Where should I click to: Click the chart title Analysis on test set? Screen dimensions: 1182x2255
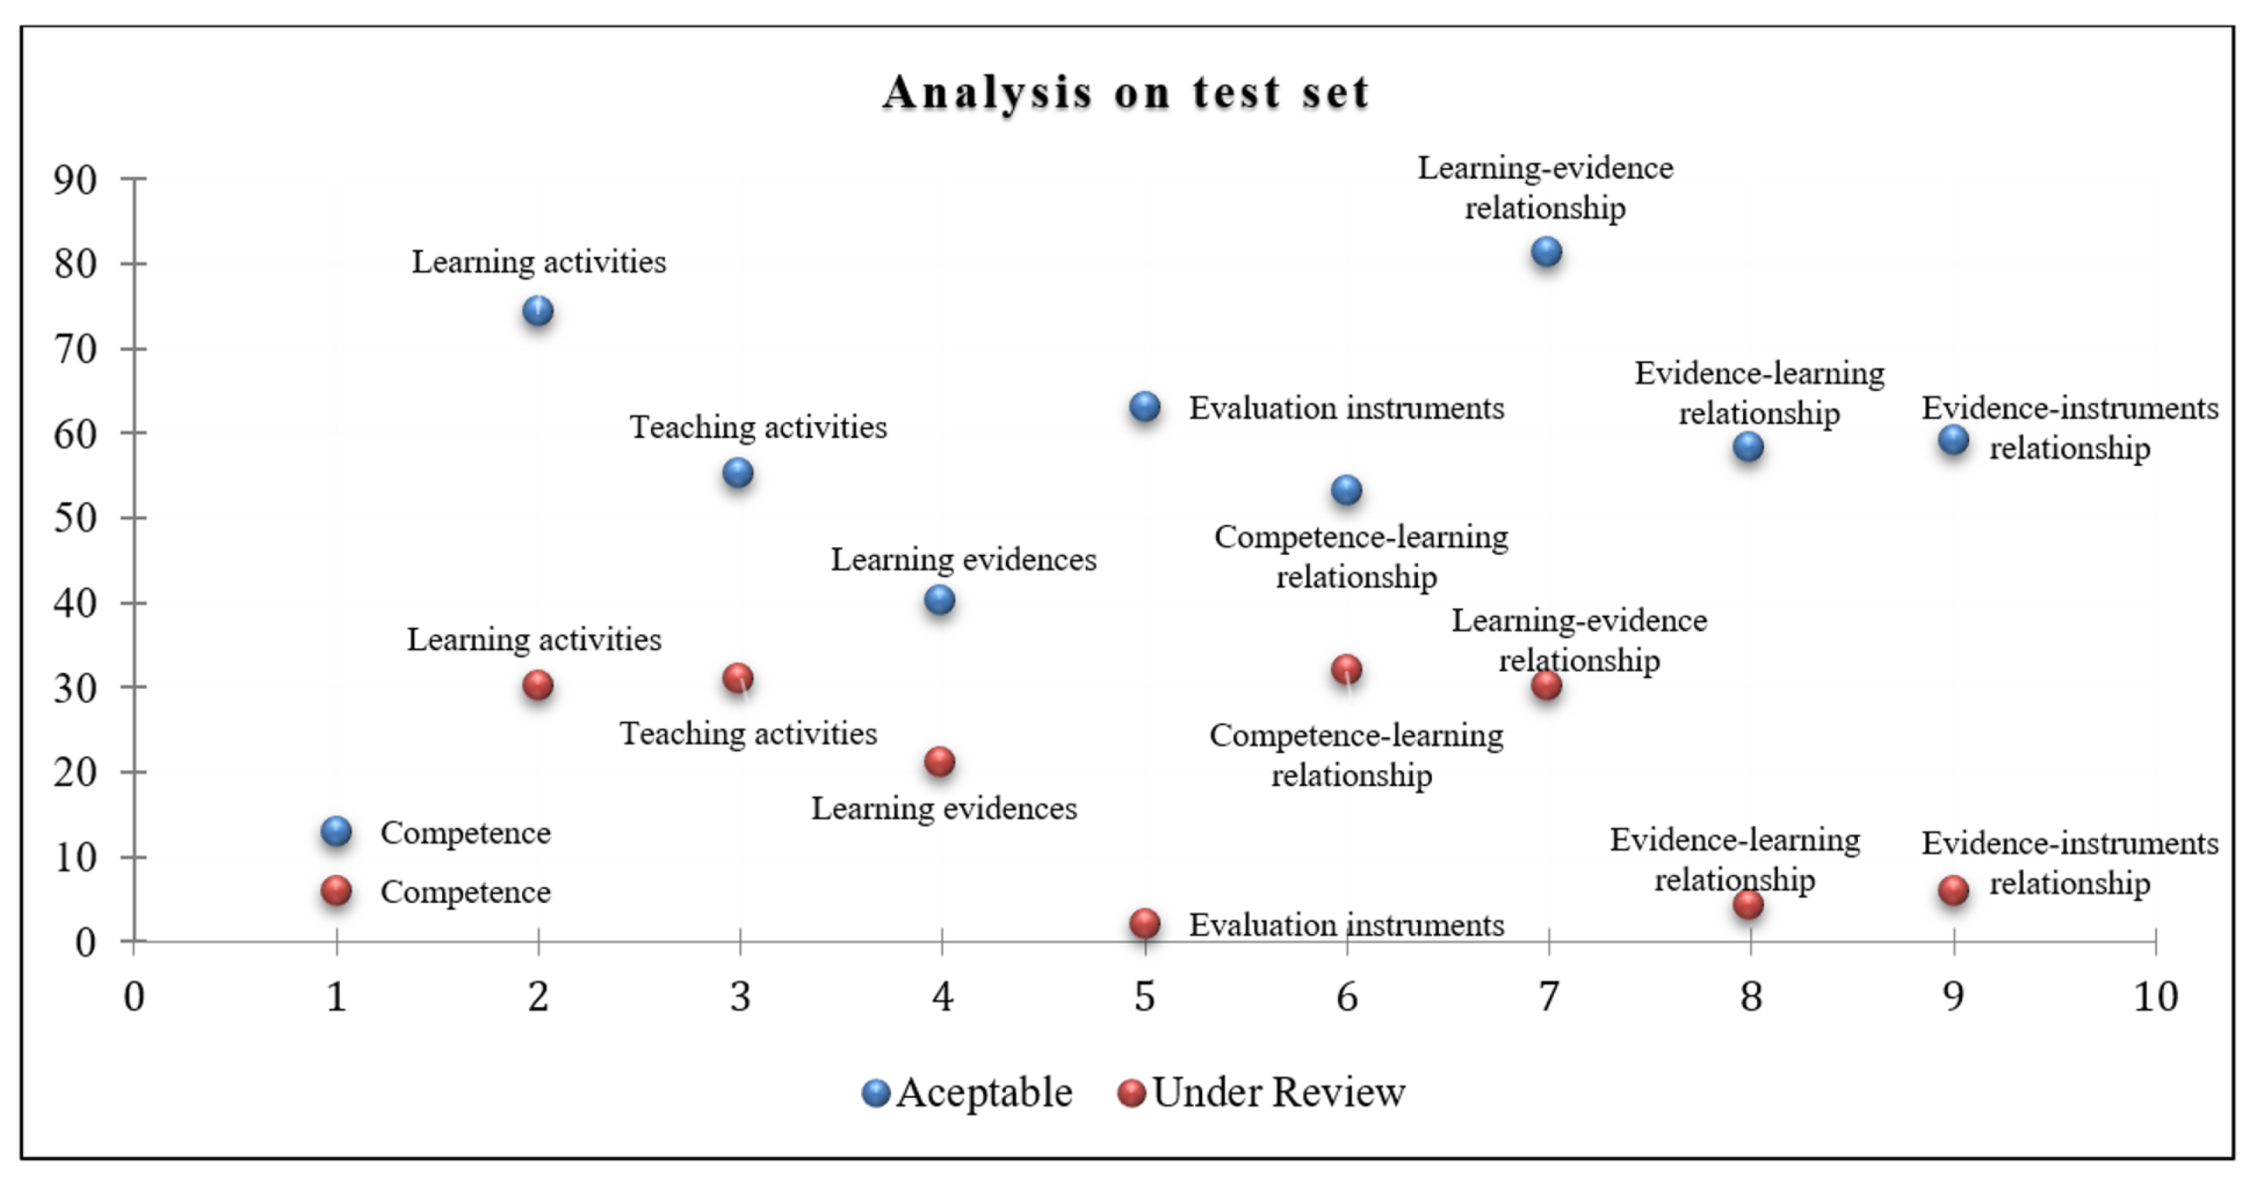1126,92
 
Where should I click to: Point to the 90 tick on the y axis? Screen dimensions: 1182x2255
75,179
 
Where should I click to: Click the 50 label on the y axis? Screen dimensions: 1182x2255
75,518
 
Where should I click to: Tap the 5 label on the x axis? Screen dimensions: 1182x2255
1144,996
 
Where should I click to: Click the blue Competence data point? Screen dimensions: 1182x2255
336,831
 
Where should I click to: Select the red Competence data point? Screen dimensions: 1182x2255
336,891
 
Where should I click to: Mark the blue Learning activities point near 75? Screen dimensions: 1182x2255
537,311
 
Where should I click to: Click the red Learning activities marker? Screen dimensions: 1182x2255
537,685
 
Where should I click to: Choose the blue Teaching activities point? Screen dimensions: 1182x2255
738,473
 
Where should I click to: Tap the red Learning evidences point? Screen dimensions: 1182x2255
939,762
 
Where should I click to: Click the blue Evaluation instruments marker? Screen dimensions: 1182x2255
1145,406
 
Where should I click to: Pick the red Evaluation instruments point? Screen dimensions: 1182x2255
1145,923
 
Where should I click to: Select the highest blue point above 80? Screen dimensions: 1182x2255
1547,252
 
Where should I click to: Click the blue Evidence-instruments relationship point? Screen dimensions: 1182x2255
1953,439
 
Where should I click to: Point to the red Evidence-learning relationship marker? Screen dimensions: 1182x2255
1748,904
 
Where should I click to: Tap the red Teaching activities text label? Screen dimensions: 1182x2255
748,734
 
